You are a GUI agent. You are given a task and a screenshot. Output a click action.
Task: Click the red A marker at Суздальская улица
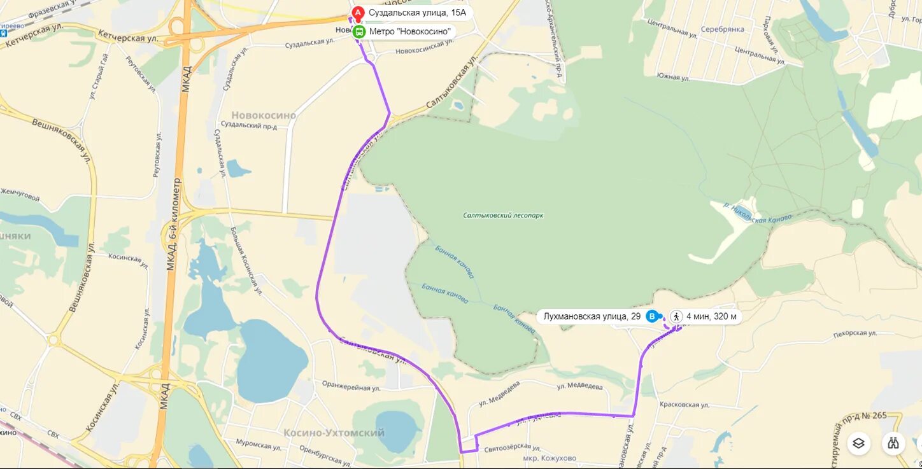358,13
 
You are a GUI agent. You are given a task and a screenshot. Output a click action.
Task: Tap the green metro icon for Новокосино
359,32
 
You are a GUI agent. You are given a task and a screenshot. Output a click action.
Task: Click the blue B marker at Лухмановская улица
652,316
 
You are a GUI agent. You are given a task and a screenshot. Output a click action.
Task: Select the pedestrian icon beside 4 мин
676,316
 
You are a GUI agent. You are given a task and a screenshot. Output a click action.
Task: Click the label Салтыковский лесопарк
503,216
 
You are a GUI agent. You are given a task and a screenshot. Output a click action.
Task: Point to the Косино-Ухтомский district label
334,433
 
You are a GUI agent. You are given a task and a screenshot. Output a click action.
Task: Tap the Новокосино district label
264,115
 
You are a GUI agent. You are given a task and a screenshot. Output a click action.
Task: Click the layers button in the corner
858,443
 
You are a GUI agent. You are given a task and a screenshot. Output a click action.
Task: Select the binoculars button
894,443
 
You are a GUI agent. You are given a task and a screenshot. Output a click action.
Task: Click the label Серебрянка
722,29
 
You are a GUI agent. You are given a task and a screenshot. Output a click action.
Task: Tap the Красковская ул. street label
684,405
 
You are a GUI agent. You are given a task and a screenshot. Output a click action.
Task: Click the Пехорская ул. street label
855,333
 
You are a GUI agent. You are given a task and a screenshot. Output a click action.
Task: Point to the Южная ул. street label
673,77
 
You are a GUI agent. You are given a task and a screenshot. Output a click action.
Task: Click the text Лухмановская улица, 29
591,316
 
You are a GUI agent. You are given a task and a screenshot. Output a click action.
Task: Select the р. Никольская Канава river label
758,212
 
